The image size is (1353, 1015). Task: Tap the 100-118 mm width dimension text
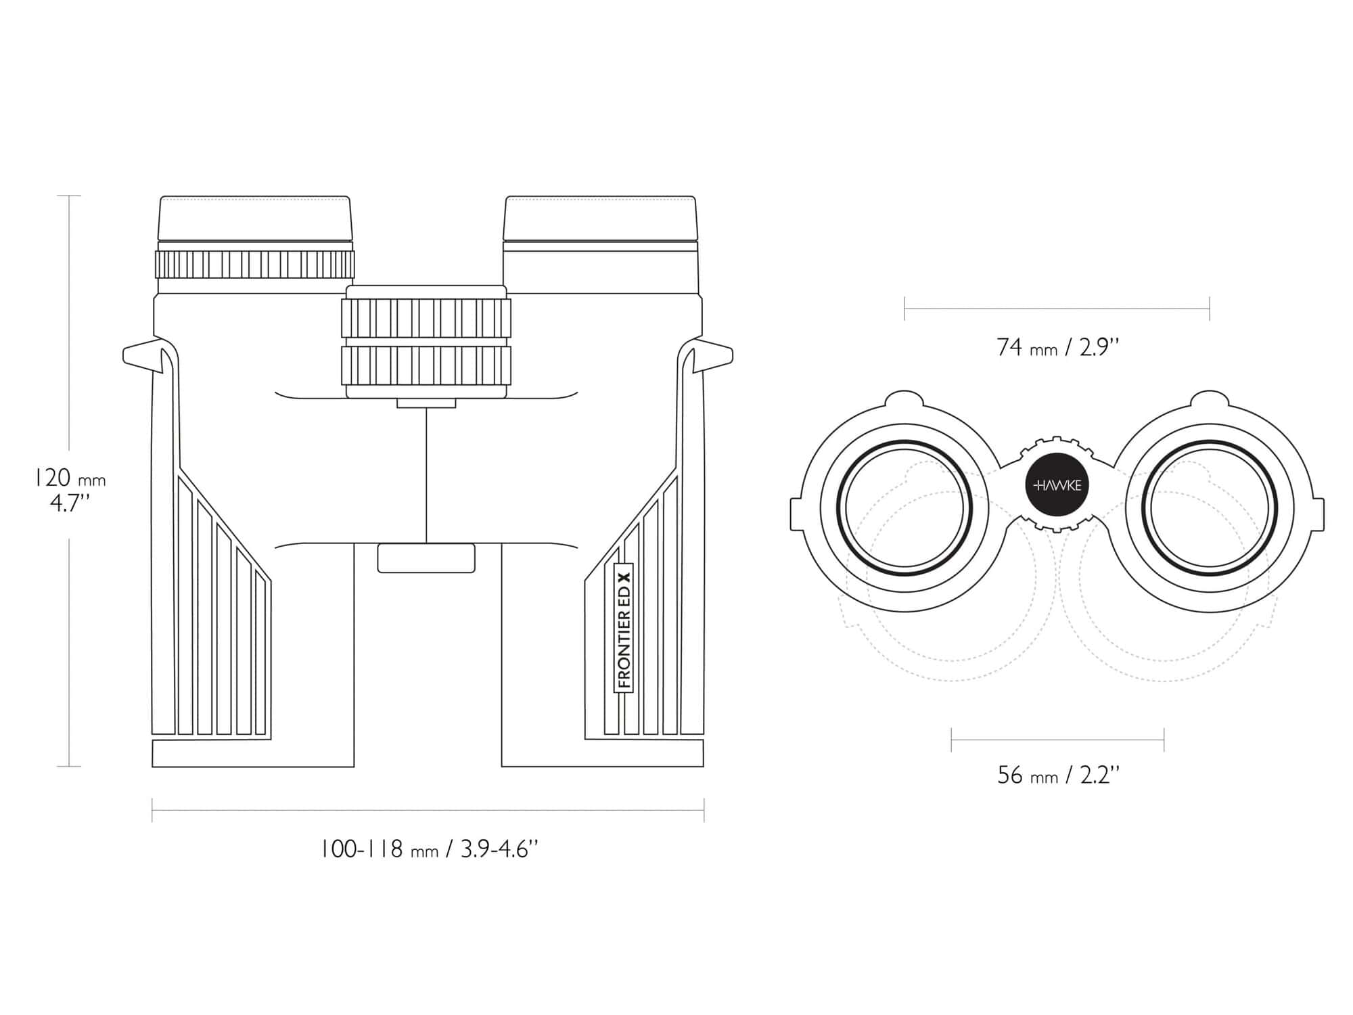point(430,849)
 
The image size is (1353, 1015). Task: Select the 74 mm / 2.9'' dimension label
point(1057,347)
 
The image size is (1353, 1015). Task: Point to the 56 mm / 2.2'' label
point(1057,775)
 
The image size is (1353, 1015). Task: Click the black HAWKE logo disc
point(1057,485)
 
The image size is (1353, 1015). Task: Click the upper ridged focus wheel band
point(426,317)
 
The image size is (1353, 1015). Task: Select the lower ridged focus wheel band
point(426,366)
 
